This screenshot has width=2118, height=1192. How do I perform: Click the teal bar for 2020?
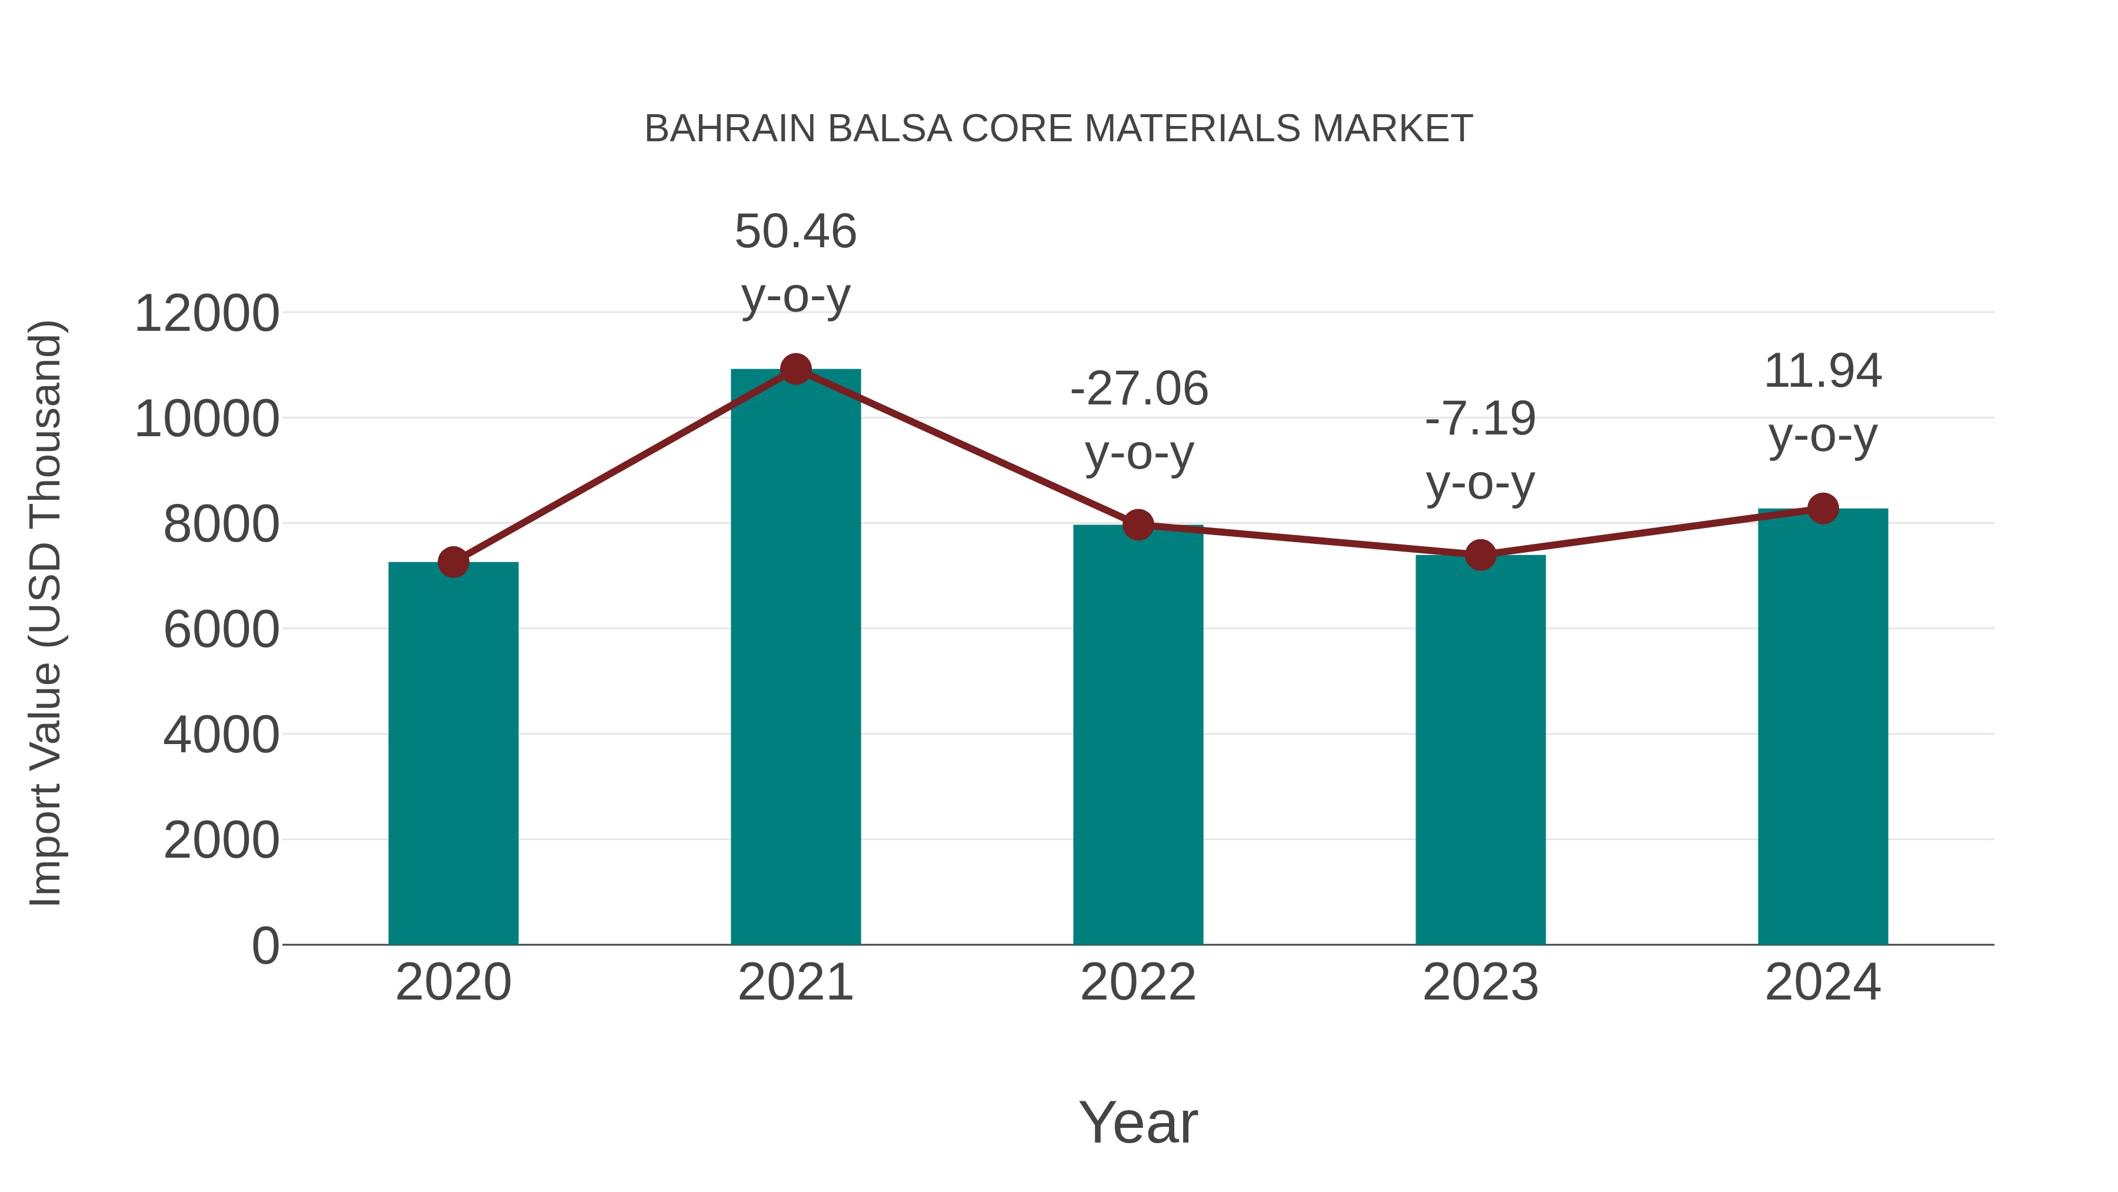pyautogui.click(x=453, y=753)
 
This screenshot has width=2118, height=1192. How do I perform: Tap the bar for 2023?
pyautogui.click(x=1480, y=749)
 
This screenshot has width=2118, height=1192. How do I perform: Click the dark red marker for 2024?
pyautogui.click(x=1823, y=509)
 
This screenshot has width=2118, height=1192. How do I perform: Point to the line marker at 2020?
pyautogui.click(x=453, y=563)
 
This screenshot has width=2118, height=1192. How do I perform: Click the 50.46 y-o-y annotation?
pyautogui.click(x=795, y=263)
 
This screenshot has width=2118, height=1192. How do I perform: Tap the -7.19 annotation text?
pyautogui.click(x=1480, y=451)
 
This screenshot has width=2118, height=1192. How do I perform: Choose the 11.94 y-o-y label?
pyautogui.click(x=1823, y=403)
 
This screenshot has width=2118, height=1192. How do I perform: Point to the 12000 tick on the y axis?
pyautogui.click(x=207, y=314)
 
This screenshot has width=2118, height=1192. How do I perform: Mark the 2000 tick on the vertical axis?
pyautogui.click(x=221, y=841)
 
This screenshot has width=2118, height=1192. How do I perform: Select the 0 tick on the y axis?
pyautogui.click(x=265, y=946)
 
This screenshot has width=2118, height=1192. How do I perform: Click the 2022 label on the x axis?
pyautogui.click(x=1138, y=982)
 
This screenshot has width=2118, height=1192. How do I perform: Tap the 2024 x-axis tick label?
pyautogui.click(x=1823, y=982)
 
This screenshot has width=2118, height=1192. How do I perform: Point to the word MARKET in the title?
pyautogui.click(x=1392, y=129)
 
